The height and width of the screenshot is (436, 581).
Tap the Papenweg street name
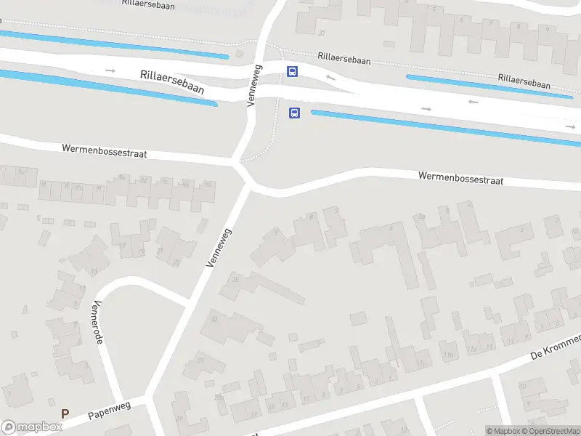(109, 411)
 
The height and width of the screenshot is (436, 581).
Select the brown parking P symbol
(65, 414)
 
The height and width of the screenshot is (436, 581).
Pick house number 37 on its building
(321, 33)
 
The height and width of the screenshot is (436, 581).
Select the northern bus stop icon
(292, 71)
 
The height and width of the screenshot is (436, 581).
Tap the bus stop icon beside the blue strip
(295, 113)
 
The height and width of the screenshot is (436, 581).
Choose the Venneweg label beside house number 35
(218, 248)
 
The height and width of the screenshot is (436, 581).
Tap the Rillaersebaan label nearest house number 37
(344, 58)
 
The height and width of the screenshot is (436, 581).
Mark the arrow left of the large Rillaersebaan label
(110, 70)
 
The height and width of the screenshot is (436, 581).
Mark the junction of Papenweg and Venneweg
(151, 398)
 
